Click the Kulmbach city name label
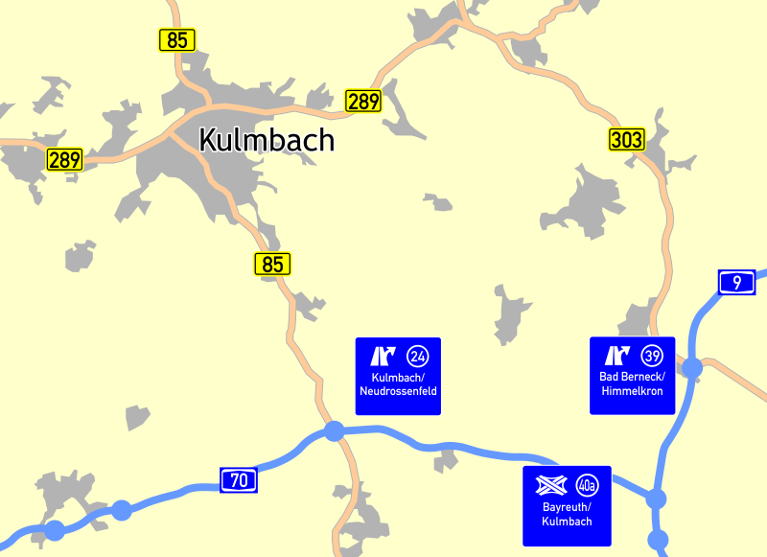point(267,140)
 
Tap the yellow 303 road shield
point(626,140)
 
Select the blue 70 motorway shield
point(239,479)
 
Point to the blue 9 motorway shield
point(736,282)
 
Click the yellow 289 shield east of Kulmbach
point(363,101)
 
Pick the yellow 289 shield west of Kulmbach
point(65,159)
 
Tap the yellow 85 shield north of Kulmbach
point(176,40)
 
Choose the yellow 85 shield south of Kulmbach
point(272,264)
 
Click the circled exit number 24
point(418,357)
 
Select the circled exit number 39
point(652,356)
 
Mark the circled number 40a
point(587,485)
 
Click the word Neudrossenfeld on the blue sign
point(398,392)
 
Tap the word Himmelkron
point(632,391)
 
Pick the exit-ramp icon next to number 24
point(383,357)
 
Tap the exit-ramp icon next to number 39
point(617,356)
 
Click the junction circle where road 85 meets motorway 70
point(334,431)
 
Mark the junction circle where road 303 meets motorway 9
point(692,367)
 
